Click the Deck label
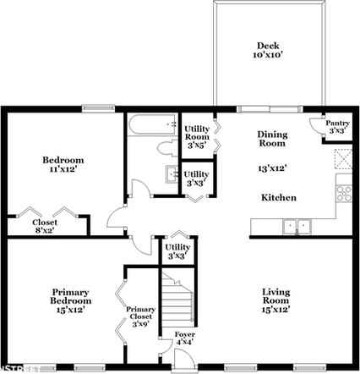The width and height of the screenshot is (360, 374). [x=268, y=46]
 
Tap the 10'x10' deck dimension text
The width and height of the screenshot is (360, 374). [x=268, y=55]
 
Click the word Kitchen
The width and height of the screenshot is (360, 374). [x=278, y=197]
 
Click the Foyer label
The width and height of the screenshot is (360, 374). [x=184, y=338]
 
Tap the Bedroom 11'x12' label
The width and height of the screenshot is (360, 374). [x=63, y=164]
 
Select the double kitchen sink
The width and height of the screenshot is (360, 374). [x=297, y=226]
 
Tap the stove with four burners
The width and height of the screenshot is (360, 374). [x=344, y=192]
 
